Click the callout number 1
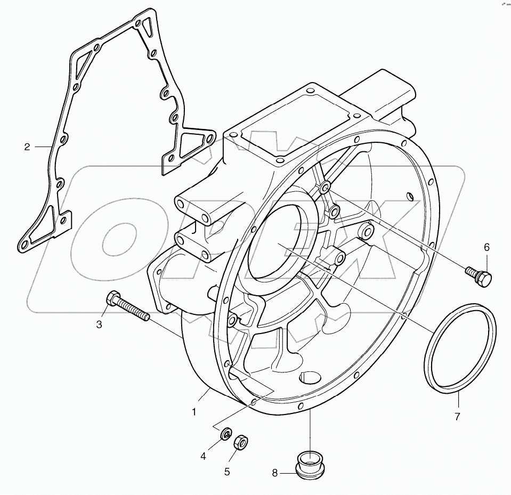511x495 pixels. (194, 412)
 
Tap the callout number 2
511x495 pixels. (27, 147)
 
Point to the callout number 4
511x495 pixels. (203, 456)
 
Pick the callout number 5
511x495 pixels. (226, 471)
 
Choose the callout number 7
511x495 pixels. (457, 417)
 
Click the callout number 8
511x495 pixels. (275, 472)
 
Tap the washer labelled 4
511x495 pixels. (226, 434)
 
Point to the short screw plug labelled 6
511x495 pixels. (480, 276)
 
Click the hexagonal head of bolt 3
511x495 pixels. (112, 300)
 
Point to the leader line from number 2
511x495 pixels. (40, 147)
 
